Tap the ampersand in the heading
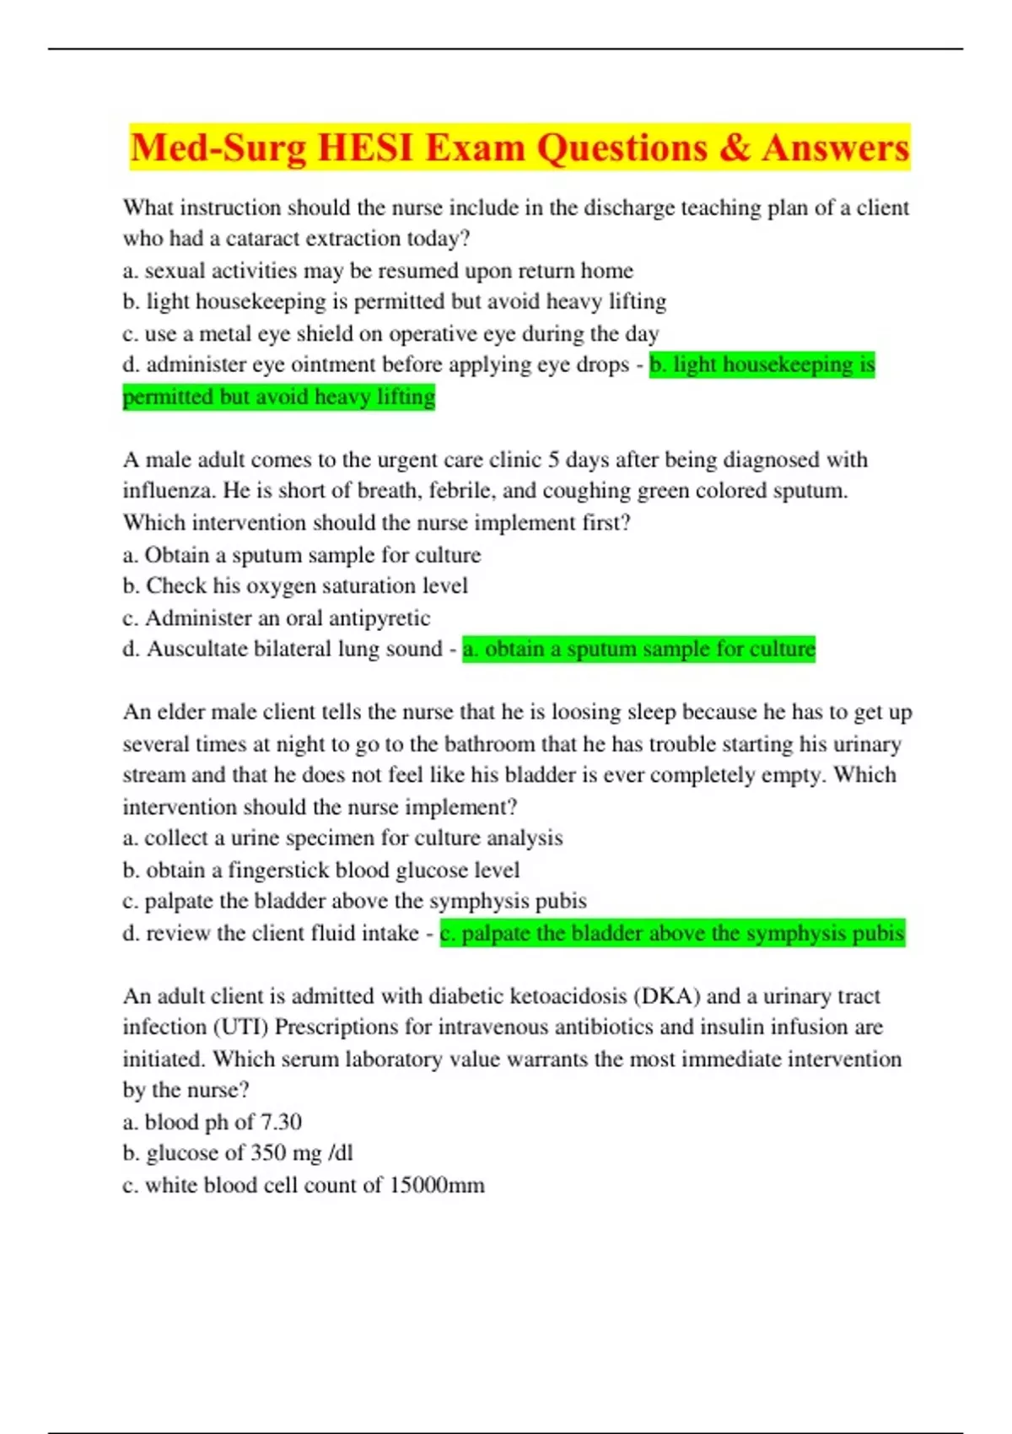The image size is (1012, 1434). (x=735, y=148)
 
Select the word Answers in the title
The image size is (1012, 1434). (x=836, y=148)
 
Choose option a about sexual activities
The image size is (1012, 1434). (x=378, y=271)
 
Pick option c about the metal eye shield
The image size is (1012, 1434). (x=390, y=334)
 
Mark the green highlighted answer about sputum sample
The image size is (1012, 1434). (x=638, y=650)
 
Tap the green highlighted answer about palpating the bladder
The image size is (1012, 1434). (x=672, y=934)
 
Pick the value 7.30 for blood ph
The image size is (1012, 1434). (x=281, y=1123)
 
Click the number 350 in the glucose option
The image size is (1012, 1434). (x=267, y=1153)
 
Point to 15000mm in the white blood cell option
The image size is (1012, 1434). (x=437, y=1185)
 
